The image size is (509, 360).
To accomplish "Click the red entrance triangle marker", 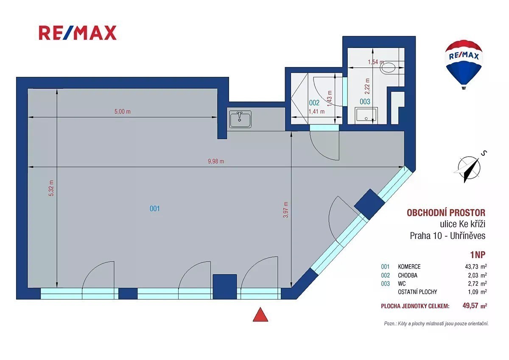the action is click(x=260, y=315).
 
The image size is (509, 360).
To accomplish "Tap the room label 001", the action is click(x=154, y=208).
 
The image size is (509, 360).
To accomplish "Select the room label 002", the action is click(x=314, y=103).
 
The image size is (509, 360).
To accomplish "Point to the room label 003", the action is click(x=365, y=101).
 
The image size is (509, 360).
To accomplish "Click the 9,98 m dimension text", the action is click(x=216, y=161).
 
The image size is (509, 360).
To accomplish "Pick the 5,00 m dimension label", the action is click(x=123, y=111).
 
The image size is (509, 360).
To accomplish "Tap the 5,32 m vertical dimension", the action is click(x=51, y=188).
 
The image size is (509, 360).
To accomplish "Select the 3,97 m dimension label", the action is click(x=285, y=210).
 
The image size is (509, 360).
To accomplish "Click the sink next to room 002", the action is click(x=240, y=119).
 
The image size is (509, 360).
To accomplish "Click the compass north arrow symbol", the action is click(x=469, y=169).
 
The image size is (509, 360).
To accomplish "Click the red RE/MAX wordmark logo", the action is click(x=78, y=33).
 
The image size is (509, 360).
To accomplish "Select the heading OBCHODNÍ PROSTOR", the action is click(x=446, y=213).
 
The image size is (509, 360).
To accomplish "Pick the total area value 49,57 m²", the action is click(x=475, y=305).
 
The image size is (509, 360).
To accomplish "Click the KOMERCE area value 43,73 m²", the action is click(x=476, y=266).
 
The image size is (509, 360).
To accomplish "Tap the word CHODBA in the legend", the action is click(x=408, y=275).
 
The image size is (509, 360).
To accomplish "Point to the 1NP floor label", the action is click(x=478, y=255).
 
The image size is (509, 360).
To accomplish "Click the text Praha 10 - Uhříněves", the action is click(x=447, y=236).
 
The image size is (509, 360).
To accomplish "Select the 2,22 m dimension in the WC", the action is click(x=367, y=86).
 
